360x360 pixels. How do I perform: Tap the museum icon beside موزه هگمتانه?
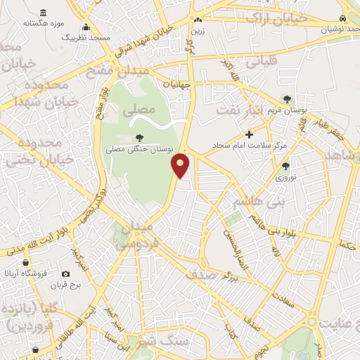pyautogui.click(x=44, y=13)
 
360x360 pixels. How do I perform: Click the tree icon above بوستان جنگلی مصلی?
pyautogui.click(x=139, y=138)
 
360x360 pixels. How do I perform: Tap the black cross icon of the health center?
pyautogui.click(x=249, y=134)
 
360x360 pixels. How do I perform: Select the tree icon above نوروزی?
pyautogui.click(x=285, y=167)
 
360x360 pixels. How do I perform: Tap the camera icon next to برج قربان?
pyautogui.click(x=66, y=274)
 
